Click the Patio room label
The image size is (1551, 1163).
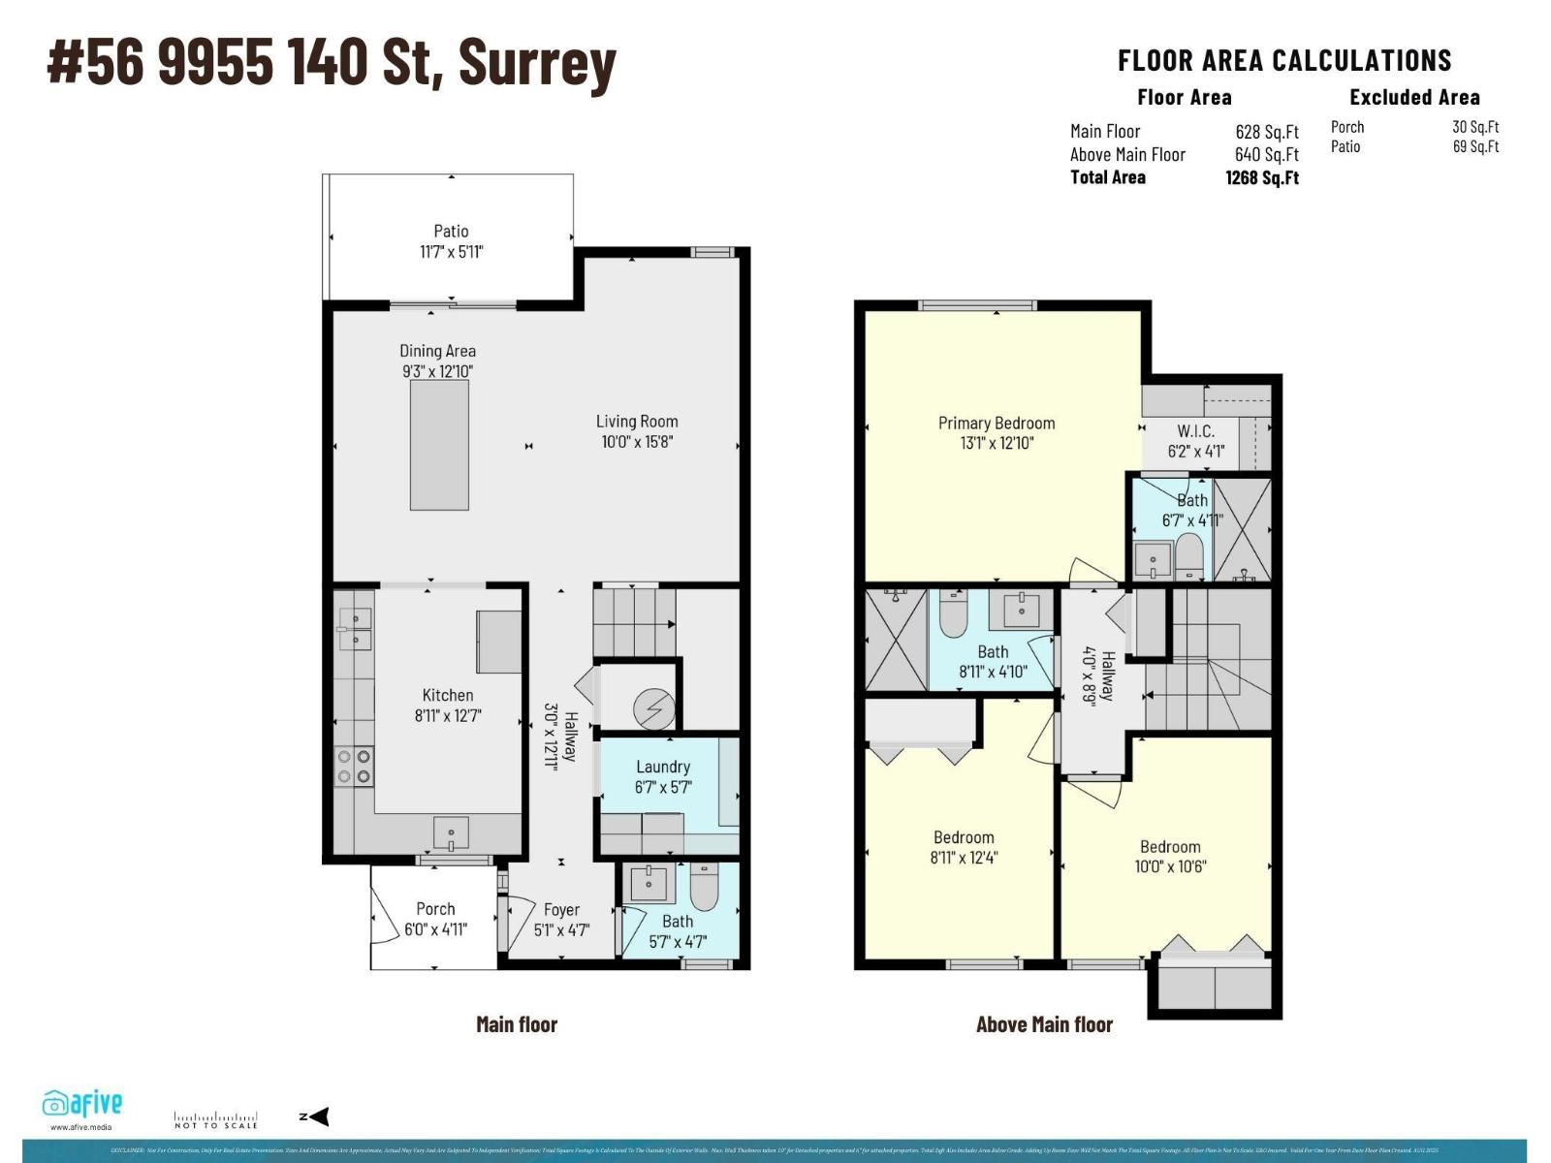click(x=451, y=232)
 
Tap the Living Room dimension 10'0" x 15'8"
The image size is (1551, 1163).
click(x=637, y=442)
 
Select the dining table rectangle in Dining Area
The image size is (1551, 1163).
click(x=439, y=445)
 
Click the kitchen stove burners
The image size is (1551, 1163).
click(x=353, y=767)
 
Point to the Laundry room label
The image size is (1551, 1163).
click(x=663, y=767)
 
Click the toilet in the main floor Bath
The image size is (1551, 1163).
click(x=704, y=887)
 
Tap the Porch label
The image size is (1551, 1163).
click(x=435, y=909)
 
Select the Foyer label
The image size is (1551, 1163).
click(x=561, y=910)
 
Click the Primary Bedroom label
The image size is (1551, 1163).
click(x=997, y=424)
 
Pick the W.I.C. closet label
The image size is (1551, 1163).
click(x=1195, y=431)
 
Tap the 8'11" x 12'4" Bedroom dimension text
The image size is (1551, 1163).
click(x=964, y=858)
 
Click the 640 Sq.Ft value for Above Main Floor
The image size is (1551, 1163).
click(x=1266, y=154)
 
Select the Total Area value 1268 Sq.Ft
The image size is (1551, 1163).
click(x=1262, y=177)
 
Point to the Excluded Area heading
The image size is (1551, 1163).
click(x=1414, y=97)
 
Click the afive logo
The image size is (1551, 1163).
click(x=82, y=1104)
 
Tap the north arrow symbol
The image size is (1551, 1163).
click(x=316, y=1116)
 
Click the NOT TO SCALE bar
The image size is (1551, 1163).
click(x=215, y=1119)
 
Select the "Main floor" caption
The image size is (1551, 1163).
click(x=517, y=1024)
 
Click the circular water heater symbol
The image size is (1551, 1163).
click(x=653, y=708)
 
